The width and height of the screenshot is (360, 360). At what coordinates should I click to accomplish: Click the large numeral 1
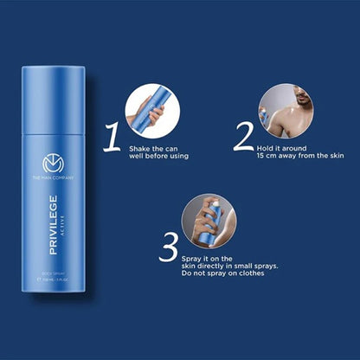coord(112,137)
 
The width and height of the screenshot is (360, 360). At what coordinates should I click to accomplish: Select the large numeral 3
coord(169,247)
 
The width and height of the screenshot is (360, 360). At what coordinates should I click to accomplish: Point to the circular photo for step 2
coord(286,111)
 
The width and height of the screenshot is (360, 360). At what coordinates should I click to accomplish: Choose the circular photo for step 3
coord(208,222)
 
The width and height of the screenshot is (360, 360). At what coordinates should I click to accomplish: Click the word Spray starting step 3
coord(193,258)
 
